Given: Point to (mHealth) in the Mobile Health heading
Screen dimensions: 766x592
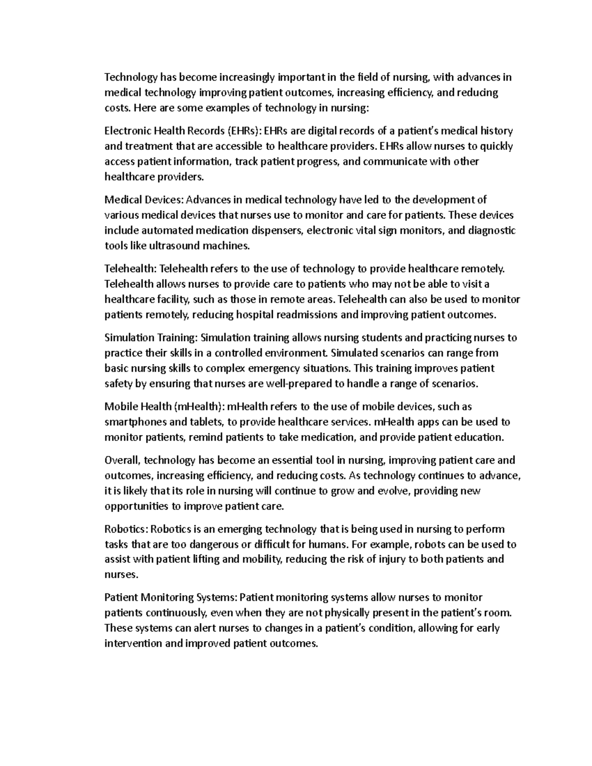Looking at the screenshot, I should (197, 407).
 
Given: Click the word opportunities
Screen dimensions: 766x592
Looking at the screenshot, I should (136, 507).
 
